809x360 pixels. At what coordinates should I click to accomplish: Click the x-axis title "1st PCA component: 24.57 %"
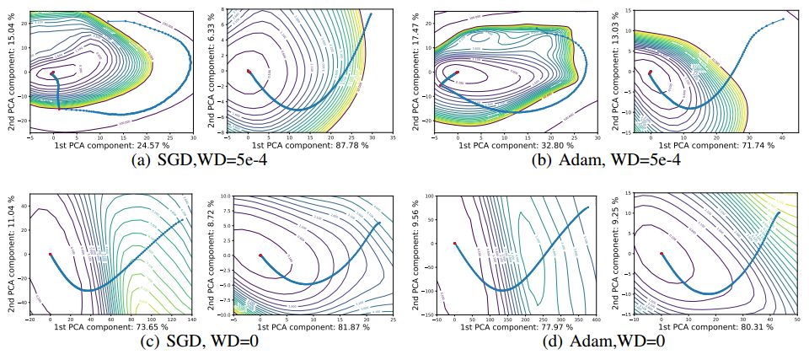click(99, 146)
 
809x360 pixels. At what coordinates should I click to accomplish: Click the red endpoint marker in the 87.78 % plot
click(248, 71)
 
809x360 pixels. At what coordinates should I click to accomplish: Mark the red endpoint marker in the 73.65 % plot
click(51, 254)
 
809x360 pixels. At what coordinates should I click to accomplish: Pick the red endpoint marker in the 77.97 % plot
click(455, 243)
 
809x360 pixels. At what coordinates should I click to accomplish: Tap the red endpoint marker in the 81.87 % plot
click(260, 254)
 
